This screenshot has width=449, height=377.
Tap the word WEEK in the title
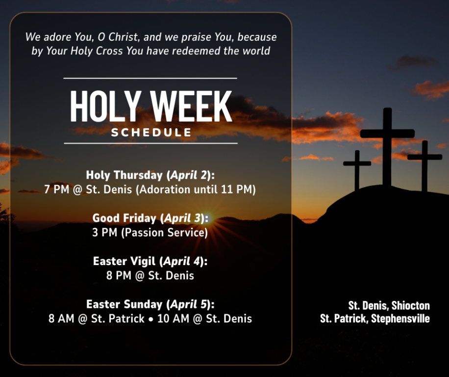[191, 106]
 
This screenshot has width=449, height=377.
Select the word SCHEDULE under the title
[151, 133]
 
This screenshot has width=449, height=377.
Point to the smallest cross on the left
[357, 170]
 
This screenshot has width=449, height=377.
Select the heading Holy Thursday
[125, 175]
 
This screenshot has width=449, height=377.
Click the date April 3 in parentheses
[182, 218]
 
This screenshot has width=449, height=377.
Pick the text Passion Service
[165, 233]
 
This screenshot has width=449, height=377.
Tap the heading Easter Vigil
[125, 261]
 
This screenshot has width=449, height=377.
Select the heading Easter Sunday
[125, 304]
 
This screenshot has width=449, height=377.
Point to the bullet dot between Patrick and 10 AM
[151, 319]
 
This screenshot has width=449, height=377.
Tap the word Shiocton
[411, 306]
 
